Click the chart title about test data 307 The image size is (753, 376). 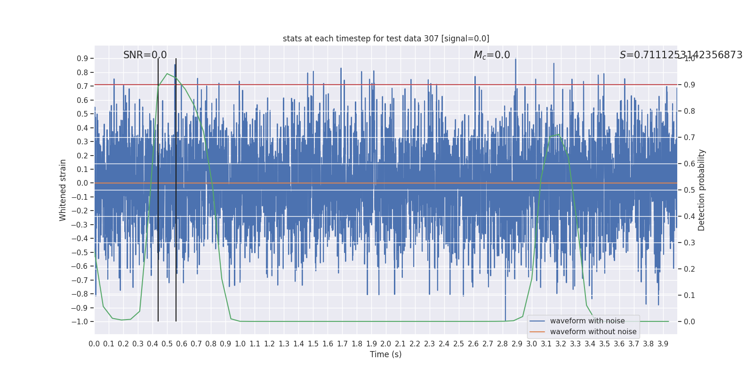pos(386,39)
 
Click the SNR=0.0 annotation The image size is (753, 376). pos(145,55)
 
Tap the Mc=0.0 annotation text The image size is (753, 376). pos(492,55)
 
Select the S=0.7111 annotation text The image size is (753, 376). pos(681,55)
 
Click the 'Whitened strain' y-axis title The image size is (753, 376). pos(63,190)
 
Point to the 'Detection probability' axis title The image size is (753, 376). pos(702,190)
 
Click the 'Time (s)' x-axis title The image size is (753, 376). pos(385,354)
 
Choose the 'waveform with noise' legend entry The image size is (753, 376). pos(587,321)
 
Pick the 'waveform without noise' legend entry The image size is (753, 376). pos(593,332)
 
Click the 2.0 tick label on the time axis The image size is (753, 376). pos(386,344)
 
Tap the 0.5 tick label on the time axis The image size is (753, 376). pos(167,344)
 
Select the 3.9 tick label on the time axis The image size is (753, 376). pos(663,344)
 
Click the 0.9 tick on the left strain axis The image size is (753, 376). pos(82,58)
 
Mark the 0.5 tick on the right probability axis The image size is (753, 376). pos(689,190)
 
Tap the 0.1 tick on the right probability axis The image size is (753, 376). pos(689,295)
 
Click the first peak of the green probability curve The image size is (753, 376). pos(167,74)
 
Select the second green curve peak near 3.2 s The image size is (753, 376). pos(559,134)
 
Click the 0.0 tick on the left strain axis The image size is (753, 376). pos(82,183)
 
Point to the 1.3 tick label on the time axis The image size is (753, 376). pos(284,344)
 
